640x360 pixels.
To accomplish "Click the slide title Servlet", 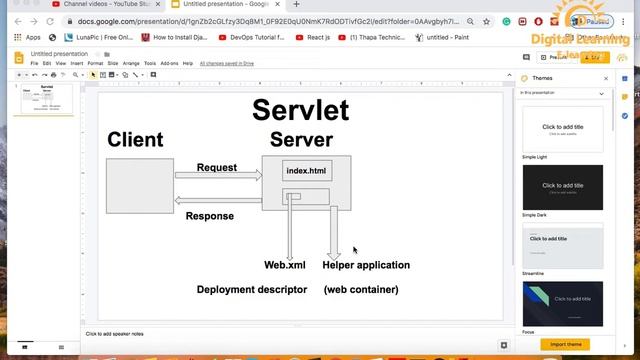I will tap(300, 110).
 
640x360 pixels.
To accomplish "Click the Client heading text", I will tap(135, 140).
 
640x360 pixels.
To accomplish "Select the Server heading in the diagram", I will tap(301, 140).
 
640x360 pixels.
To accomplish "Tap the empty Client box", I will tap(140, 185).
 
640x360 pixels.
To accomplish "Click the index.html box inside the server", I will tap(306, 171).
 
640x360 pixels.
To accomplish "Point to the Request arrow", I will tap(218, 175).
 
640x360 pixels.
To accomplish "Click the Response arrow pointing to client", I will tap(218, 200).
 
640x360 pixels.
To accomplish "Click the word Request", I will tap(217, 167).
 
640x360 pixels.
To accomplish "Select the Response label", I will tap(210, 216).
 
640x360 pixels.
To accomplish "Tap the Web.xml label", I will tap(285, 265).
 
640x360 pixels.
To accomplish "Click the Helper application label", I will tap(366, 265).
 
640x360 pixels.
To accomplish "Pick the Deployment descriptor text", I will tap(252, 289).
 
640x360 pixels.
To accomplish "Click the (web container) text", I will tap(361, 289).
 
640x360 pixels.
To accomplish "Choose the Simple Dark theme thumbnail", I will tap(563, 186).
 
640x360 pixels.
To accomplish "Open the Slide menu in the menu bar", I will tap(112, 63).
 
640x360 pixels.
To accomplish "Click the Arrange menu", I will tap(131, 63).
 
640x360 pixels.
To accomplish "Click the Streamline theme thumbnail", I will tap(563, 244).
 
